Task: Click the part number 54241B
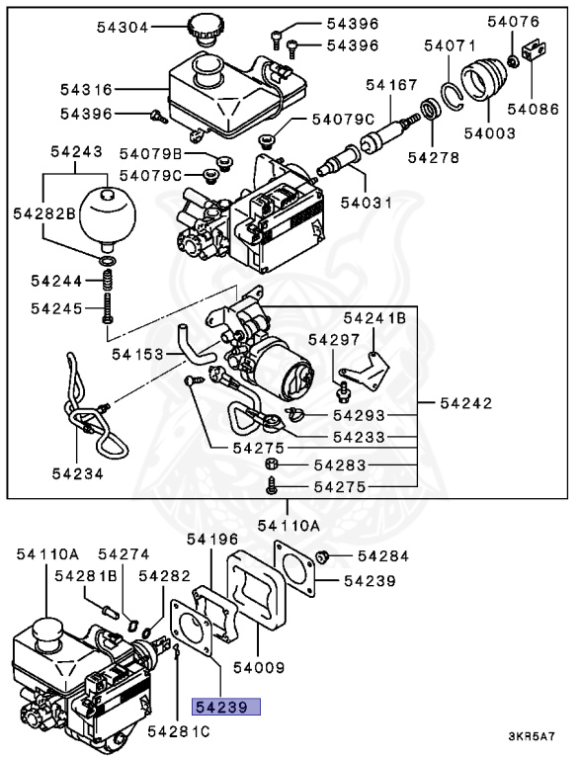(x=374, y=318)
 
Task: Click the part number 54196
(x=212, y=540)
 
